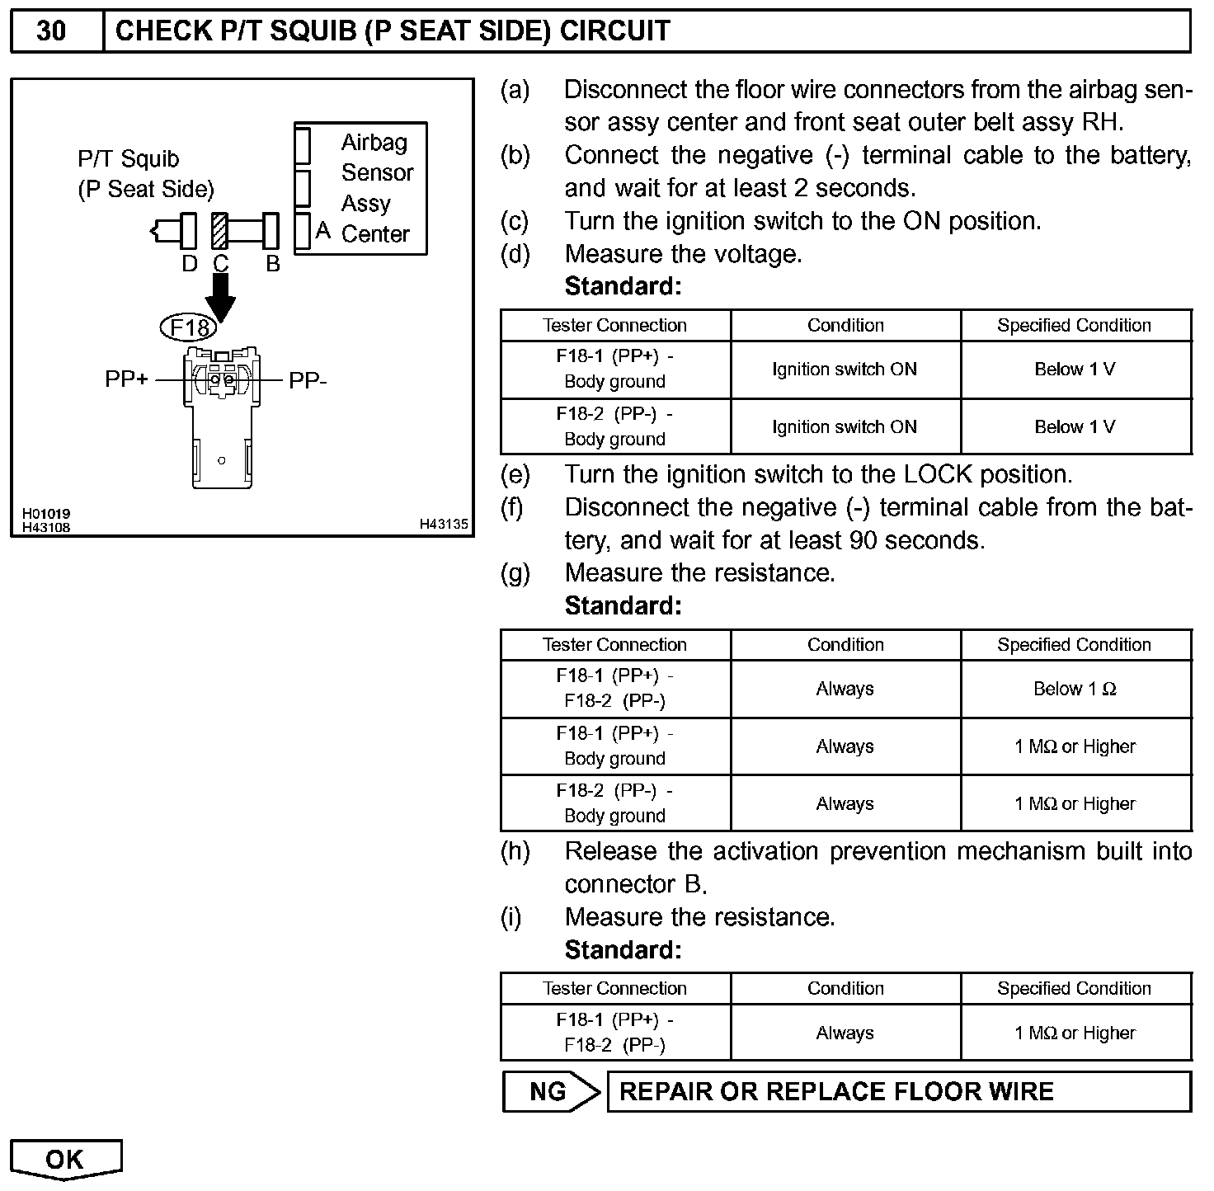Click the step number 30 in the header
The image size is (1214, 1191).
click(51, 31)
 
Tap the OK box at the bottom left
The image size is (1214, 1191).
click(65, 1159)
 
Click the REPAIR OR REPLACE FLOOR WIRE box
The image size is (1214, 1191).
click(899, 1092)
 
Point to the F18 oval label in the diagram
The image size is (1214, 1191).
click(189, 328)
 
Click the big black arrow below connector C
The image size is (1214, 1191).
click(220, 297)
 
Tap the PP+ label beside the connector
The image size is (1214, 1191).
click(126, 380)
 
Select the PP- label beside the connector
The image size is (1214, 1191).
click(308, 381)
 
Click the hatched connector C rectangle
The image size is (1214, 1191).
click(219, 230)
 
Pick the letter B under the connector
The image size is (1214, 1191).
click(273, 264)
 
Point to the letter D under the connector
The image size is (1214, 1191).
click(189, 264)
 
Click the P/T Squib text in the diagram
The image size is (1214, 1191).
click(128, 158)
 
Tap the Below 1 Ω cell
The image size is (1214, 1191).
click(1075, 689)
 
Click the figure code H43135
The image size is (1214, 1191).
click(443, 524)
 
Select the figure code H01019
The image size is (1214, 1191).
click(46, 514)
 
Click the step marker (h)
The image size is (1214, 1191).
click(515, 851)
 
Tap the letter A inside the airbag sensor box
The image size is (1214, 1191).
click(322, 231)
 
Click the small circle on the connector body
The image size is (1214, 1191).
click(221, 460)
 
